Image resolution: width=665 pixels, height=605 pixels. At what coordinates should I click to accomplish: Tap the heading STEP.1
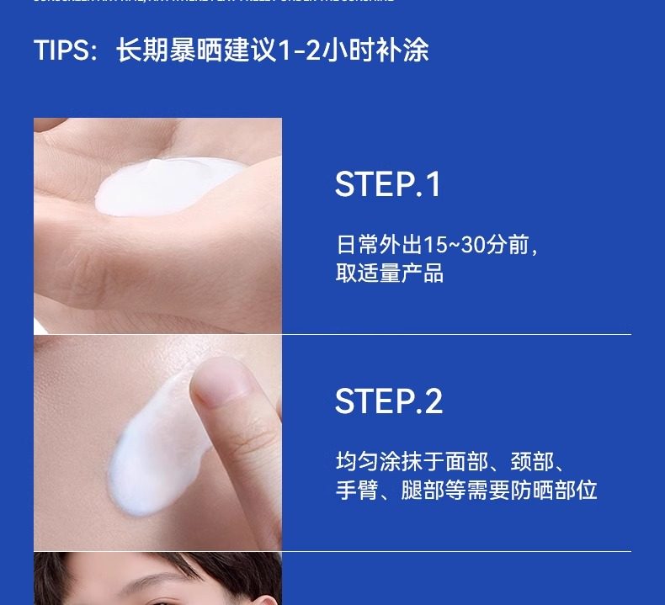[387, 185]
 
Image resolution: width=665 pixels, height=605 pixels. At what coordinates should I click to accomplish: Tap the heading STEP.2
[388, 401]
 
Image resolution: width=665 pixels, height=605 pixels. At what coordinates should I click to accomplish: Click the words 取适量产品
[389, 273]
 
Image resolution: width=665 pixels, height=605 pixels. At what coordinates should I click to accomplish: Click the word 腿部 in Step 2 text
[413, 491]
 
